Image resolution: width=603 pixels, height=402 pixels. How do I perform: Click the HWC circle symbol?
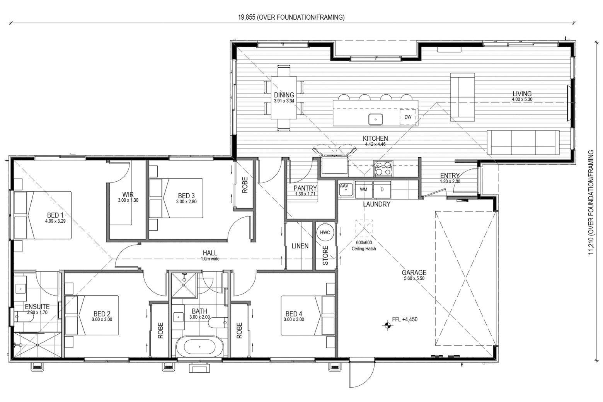click(325, 232)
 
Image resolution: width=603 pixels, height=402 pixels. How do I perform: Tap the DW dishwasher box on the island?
click(408, 117)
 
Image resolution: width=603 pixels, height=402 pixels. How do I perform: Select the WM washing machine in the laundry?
click(363, 189)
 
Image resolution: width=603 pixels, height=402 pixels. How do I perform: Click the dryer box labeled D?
click(382, 189)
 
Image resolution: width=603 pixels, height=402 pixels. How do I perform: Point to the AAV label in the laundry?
click(344, 186)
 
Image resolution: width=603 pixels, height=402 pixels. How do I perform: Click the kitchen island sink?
click(376, 119)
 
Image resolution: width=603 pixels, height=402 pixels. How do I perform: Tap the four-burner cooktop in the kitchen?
click(383, 168)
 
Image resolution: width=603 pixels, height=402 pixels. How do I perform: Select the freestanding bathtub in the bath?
click(199, 347)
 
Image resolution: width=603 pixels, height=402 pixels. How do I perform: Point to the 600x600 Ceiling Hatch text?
click(364, 245)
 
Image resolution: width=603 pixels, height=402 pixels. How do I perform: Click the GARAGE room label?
click(414, 273)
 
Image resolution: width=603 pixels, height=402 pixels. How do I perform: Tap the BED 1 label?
click(55, 215)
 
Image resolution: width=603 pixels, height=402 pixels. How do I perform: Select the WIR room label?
click(128, 194)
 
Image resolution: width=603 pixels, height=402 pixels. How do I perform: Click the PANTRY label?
click(305, 188)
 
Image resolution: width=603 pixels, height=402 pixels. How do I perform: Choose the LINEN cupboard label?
click(300, 246)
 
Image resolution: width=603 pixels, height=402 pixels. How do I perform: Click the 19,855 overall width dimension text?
click(291, 17)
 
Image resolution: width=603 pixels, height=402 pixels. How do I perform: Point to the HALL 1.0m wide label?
click(210, 255)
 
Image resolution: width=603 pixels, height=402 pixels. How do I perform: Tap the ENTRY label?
click(450, 175)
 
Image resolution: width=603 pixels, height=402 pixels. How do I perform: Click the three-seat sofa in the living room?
click(523, 142)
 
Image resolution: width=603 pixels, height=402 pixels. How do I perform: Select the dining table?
click(284, 98)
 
